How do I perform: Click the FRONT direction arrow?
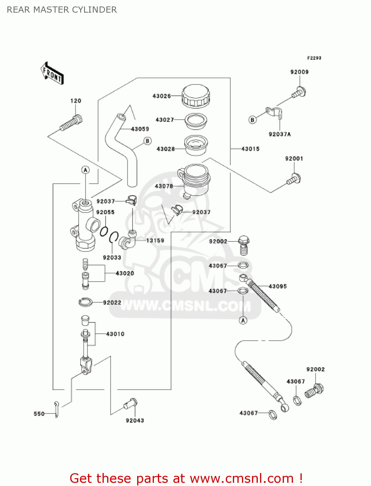[x=52, y=74]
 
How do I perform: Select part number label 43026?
[x=161, y=96]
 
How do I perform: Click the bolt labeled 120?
[x=71, y=123]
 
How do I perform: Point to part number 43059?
[x=140, y=129]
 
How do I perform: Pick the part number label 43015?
[x=250, y=149]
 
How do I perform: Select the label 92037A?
[x=280, y=134]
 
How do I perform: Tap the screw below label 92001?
[x=294, y=179]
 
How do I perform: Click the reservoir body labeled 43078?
[x=194, y=180]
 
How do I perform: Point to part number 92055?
[x=105, y=212]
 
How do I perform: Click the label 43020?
[x=125, y=273]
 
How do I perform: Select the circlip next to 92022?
[x=85, y=302]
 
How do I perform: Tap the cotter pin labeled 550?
[x=56, y=409]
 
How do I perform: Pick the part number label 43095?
[x=278, y=286]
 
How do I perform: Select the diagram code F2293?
[x=314, y=58]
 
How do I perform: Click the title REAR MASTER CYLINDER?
[x=62, y=10]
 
